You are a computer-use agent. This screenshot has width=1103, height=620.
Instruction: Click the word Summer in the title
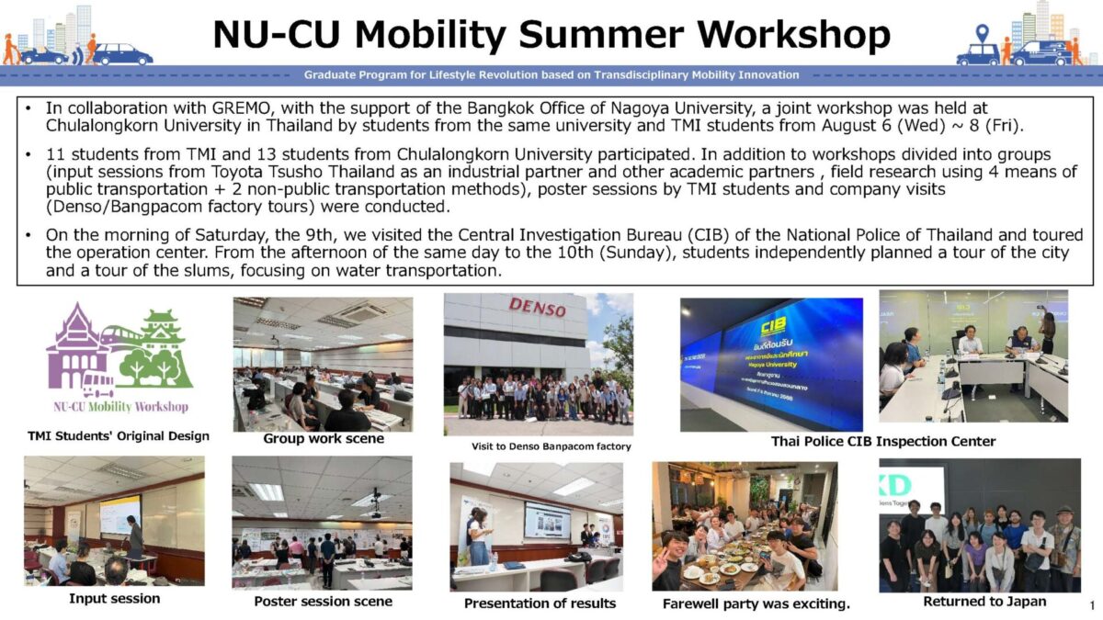[601, 36]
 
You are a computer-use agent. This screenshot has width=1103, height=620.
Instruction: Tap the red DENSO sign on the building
[537, 307]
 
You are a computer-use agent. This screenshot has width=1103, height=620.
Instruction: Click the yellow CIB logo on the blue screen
[773, 325]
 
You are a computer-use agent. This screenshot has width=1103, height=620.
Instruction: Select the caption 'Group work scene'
[324, 438]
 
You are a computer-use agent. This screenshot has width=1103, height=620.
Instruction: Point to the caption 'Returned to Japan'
[984, 602]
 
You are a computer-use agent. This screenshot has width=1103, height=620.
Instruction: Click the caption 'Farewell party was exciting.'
[756, 603]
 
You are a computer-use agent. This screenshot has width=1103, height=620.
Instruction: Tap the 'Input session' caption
[114, 598]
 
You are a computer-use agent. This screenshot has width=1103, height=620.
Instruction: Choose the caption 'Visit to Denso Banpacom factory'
[551, 446]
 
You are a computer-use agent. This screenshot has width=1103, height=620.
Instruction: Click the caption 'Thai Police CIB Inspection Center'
[883, 442]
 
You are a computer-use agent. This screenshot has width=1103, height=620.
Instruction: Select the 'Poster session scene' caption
[323, 602]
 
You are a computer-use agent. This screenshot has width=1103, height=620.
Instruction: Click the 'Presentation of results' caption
[540, 603]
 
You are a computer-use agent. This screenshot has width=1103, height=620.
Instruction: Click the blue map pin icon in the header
[983, 33]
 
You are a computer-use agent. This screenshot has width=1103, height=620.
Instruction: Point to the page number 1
[1093, 604]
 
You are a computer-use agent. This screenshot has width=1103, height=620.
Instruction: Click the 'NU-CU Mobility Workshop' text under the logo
[121, 407]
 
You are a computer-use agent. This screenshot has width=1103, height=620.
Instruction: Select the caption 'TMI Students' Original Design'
[119, 436]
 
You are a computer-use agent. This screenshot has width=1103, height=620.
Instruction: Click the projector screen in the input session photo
[120, 514]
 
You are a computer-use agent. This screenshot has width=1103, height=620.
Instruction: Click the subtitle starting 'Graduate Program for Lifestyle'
[551, 75]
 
